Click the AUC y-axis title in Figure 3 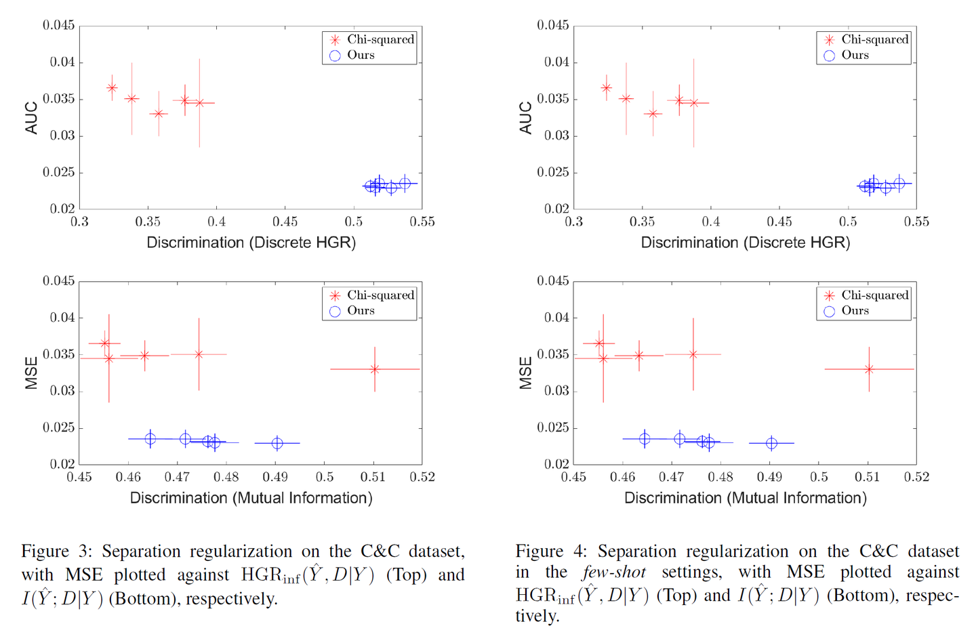click(31, 118)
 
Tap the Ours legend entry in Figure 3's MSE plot click(352, 311)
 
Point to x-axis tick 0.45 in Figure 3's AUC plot click(285, 222)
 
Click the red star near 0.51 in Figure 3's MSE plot click(375, 369)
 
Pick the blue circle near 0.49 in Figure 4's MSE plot click(771, 443)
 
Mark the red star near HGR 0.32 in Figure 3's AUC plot click(112, 88)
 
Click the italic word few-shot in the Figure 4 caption click(614, 572)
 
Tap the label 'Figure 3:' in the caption click(57, 551)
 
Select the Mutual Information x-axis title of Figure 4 click(746, 498)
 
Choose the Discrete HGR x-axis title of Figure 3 click(251, 243)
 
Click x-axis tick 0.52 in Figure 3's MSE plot click(422, 477)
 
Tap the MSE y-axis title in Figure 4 click(526, 373)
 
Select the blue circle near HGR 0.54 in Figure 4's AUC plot click(899, 184)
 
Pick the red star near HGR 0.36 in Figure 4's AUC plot click(653, 114)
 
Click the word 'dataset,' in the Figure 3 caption click(436, 551)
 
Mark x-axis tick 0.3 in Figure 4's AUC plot click(574, 222)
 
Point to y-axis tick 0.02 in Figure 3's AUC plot click(62, 209)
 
